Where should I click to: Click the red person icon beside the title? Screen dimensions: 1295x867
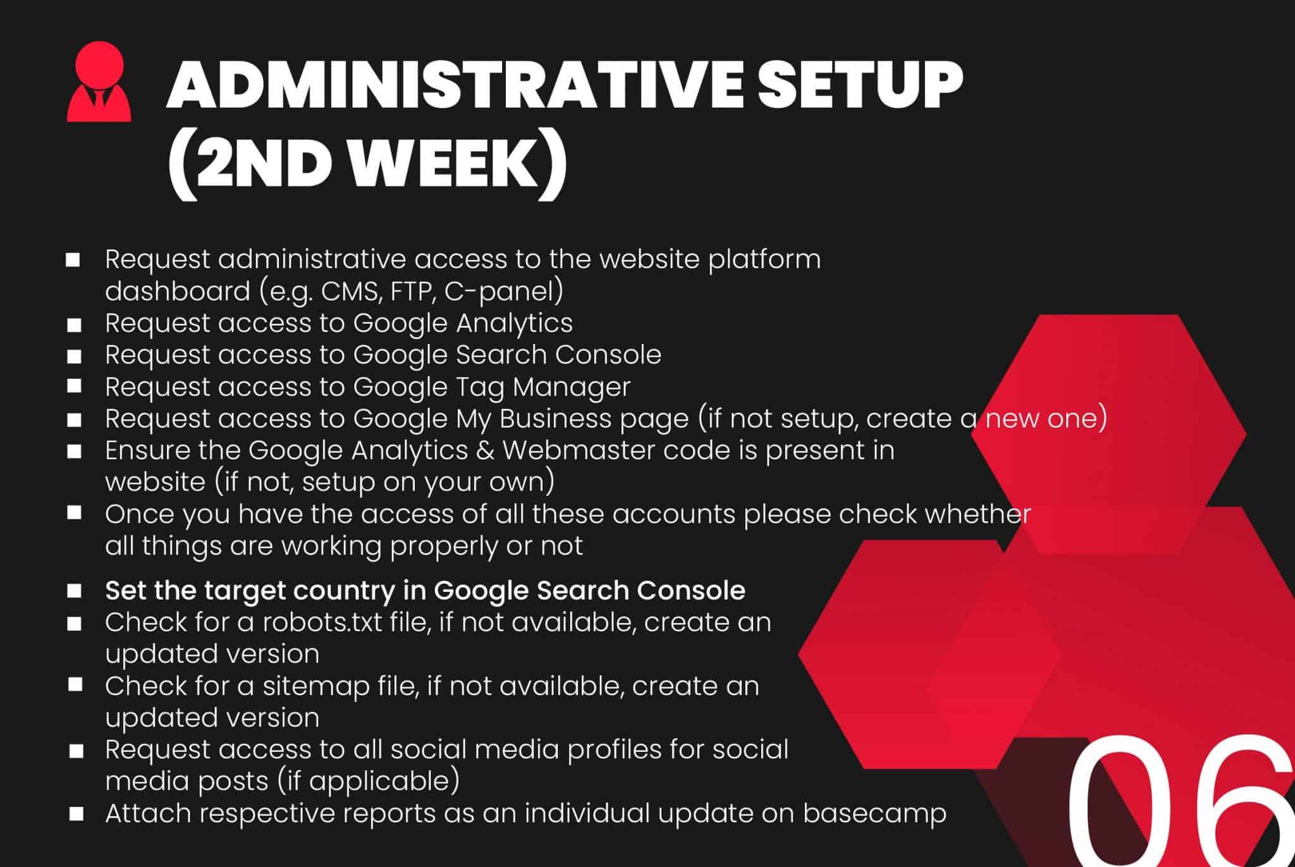99,82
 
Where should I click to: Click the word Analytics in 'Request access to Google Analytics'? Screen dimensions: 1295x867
514,324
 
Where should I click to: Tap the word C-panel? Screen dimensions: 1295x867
497,292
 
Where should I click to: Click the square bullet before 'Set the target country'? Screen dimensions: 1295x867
75,591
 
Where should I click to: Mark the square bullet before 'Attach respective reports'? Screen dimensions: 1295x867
76,814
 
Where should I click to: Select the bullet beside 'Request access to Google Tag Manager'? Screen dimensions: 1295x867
75,386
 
